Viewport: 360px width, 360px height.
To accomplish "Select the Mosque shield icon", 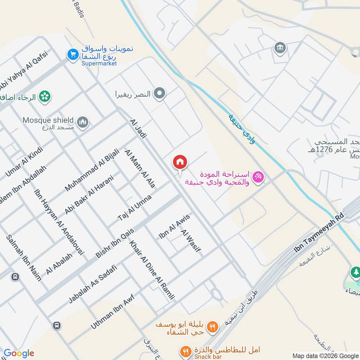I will [x=83, y=121].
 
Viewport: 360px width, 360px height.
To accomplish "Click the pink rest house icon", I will [x=258, y=177].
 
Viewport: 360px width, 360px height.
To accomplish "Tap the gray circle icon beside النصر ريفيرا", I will [x=159, y=94].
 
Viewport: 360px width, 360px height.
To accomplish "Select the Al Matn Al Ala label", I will [x=140, y=168].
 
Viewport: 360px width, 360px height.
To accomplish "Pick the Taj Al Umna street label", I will [x=135, y=207].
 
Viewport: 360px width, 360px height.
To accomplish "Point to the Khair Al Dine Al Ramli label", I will [x=152, y=270].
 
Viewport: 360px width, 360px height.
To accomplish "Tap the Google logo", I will [x=18, y=353].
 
